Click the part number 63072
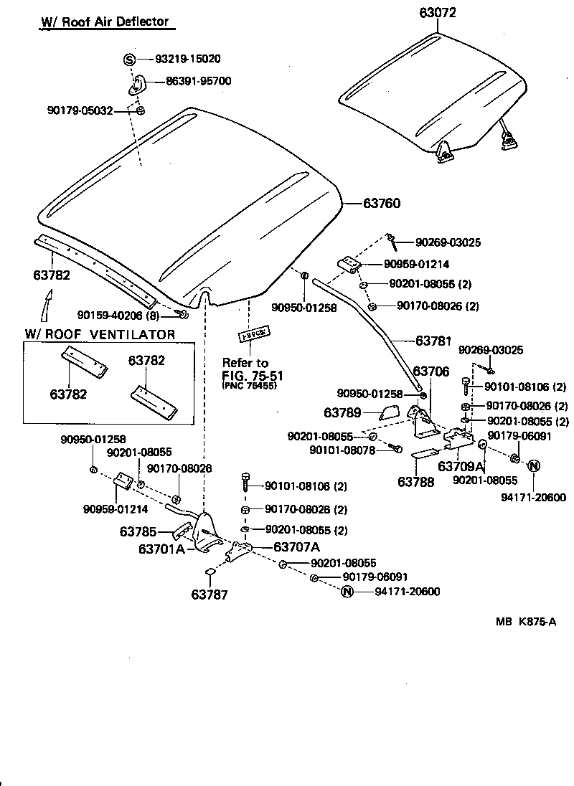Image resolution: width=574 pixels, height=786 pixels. [x=438, y=13]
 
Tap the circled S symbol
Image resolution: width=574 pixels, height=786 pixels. [x=129, y=60]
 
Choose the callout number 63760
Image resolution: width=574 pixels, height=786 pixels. [x=382, y=204]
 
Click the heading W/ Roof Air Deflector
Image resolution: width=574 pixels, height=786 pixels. [x=104, y=22]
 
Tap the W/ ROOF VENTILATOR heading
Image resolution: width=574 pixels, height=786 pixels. [x=100, y=334]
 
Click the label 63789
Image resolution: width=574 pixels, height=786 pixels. [x=343, y=413]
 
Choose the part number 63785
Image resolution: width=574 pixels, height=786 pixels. [x=138, y=532]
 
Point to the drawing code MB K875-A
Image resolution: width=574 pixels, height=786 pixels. [x=525, y=622]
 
